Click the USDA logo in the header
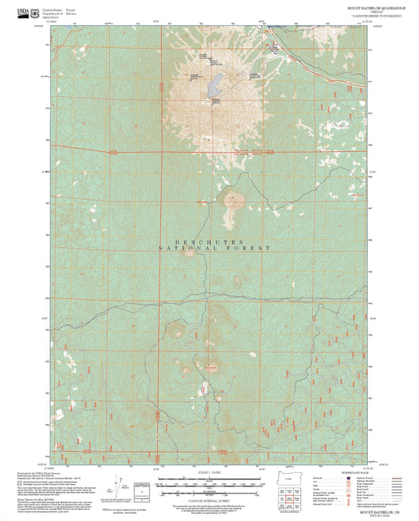12,10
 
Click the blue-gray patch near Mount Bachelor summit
214,86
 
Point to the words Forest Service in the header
72,9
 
